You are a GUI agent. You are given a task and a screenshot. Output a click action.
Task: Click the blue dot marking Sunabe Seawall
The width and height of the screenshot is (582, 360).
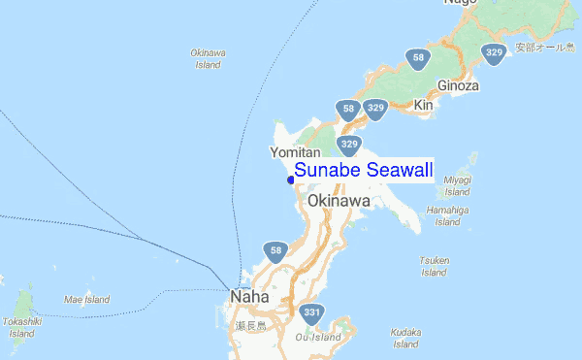(291, 180)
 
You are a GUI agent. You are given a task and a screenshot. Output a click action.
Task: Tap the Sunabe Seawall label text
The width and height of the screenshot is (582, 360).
(364, 171)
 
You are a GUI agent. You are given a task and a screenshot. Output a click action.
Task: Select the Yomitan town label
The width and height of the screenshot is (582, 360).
(294, 152)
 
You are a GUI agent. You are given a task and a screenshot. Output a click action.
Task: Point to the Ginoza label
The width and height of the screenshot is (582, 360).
(459, 85)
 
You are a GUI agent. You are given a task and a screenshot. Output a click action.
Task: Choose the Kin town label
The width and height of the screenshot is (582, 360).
(423, 104)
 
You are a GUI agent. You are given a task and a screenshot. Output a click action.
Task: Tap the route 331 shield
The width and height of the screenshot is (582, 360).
(311, 313)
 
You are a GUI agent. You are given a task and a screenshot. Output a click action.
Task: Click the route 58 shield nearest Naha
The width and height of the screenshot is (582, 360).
(276, 252)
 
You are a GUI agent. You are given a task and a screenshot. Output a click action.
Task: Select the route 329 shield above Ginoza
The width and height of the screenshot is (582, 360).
(494, 54)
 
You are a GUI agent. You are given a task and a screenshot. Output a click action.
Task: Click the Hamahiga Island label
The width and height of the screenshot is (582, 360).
(447, 215)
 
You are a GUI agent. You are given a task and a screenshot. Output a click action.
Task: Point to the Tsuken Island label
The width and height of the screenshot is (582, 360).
(434, 266)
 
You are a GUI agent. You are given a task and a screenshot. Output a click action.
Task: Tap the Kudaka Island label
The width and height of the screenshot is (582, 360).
(405, 338)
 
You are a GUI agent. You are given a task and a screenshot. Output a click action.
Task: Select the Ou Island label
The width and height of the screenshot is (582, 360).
(318, 338)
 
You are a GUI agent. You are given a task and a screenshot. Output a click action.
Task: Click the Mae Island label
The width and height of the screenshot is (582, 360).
(87, 300)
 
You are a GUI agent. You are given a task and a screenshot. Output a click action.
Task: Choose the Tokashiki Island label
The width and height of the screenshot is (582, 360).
(18, 327)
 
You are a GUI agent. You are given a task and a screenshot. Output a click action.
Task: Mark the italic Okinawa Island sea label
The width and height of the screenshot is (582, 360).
(208, 58)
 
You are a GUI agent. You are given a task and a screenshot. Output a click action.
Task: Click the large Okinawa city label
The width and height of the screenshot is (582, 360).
(339, 201)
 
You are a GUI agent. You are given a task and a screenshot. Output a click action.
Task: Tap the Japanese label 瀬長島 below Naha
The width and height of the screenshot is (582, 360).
(251, 325)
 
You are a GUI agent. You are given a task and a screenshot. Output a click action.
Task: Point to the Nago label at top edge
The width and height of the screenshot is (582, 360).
(462, 4)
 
